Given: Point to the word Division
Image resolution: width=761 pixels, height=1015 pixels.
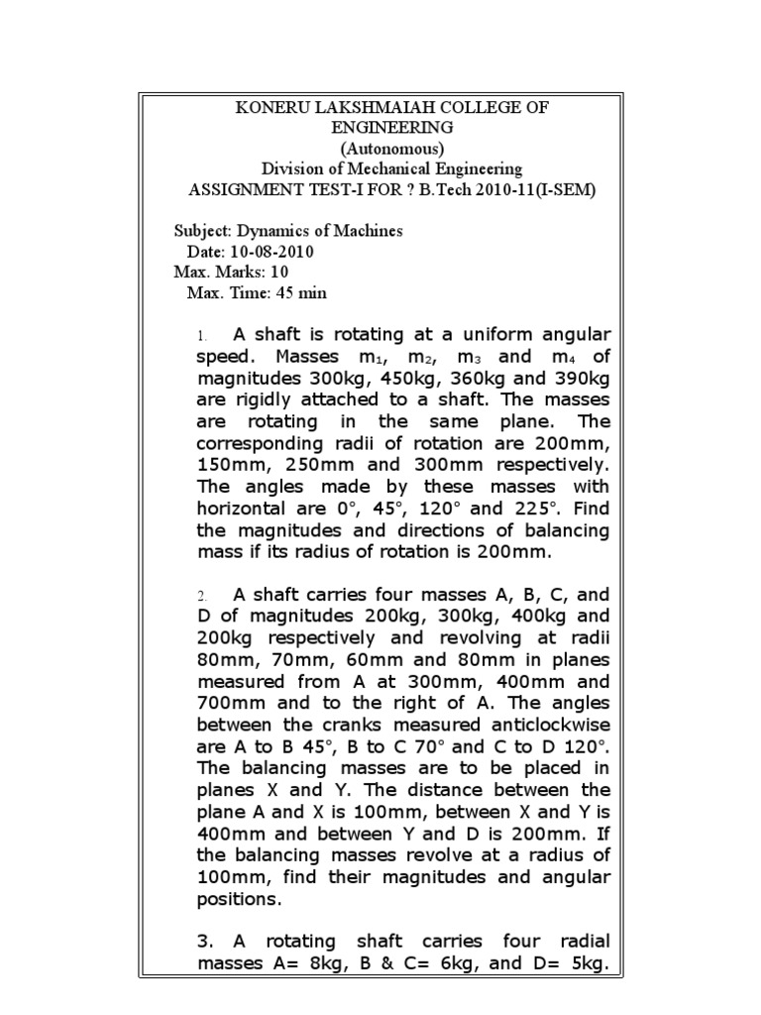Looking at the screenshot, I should (293, 169).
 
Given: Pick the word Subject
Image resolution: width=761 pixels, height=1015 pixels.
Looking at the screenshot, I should (201, 231).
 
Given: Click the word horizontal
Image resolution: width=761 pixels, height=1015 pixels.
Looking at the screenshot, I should (244, 508).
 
